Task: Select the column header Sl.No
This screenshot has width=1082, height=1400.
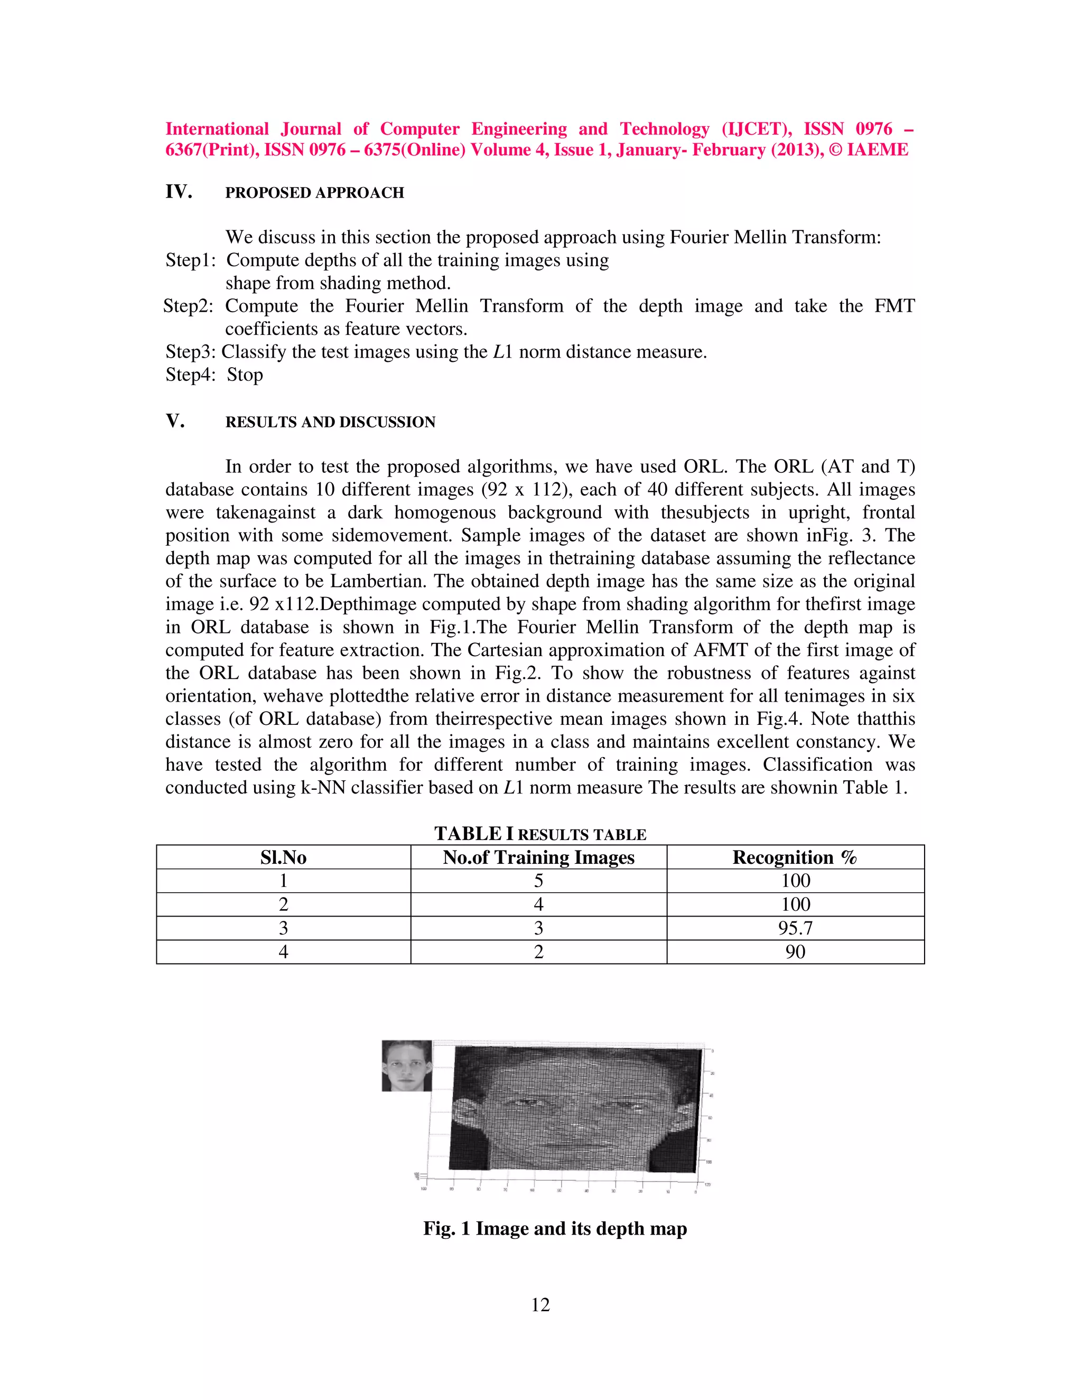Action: click(283, 857)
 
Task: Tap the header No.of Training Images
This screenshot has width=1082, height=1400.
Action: click(538, 857)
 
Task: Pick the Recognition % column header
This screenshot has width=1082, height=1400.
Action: click(795, 857)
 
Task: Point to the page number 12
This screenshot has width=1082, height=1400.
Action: click(540, 1305)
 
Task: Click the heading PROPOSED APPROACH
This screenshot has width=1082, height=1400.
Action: click(314, 193)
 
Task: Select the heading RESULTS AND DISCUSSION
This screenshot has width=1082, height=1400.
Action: click(330, 423)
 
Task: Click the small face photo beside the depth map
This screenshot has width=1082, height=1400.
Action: click(406, 1066)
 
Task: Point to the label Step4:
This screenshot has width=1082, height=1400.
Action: click(190, 375)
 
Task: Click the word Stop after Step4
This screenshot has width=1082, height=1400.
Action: click(245, 375)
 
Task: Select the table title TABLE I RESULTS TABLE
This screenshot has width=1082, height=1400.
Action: click(540, 834)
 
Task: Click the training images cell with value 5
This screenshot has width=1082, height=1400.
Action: click(538, 881)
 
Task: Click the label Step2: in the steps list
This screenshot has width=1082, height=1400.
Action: click(188, 306)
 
